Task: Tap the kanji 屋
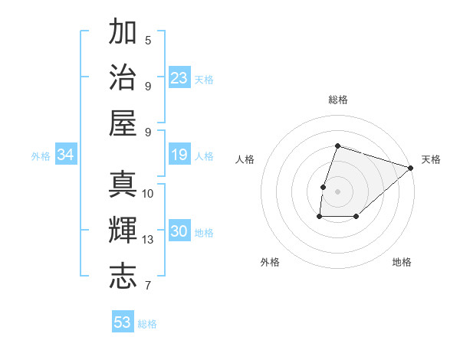point(123,123)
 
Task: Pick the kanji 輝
point(123,231)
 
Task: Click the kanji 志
point(123,276)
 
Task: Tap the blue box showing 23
point(179,77)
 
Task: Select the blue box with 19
point(179,155)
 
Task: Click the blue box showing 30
point(179,232)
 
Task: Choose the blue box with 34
point(66,155)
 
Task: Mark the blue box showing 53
point(123,322)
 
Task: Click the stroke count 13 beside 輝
point(148,240)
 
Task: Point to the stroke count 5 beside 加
point(148,40)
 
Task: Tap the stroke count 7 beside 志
point(148,286)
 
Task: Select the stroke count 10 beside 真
point(148,193)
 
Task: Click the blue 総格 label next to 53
point(147,324)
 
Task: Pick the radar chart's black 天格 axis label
point(431,159)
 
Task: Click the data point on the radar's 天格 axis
point(411,168)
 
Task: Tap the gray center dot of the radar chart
point(337,191)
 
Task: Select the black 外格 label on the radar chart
point(270,262)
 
